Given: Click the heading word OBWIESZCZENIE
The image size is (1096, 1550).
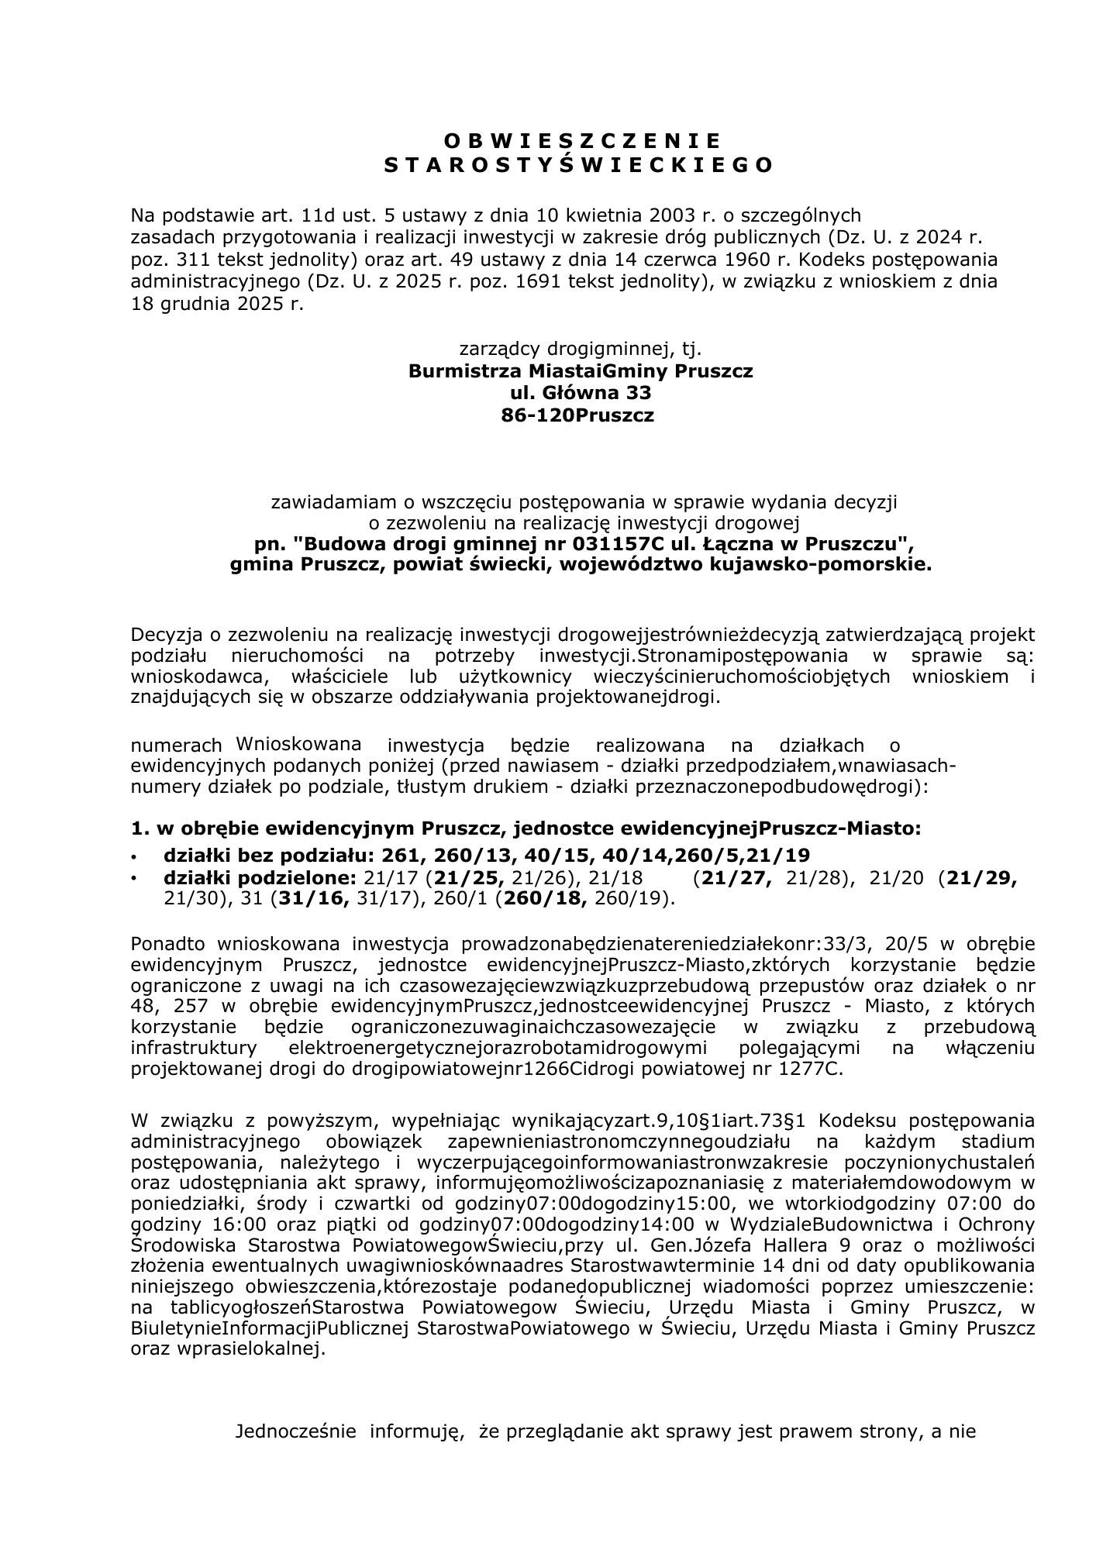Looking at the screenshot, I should pos(582,140).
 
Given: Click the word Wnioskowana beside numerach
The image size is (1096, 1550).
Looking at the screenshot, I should pos(298,743).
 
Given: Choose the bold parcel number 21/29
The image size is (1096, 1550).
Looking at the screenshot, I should pos(981,878).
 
